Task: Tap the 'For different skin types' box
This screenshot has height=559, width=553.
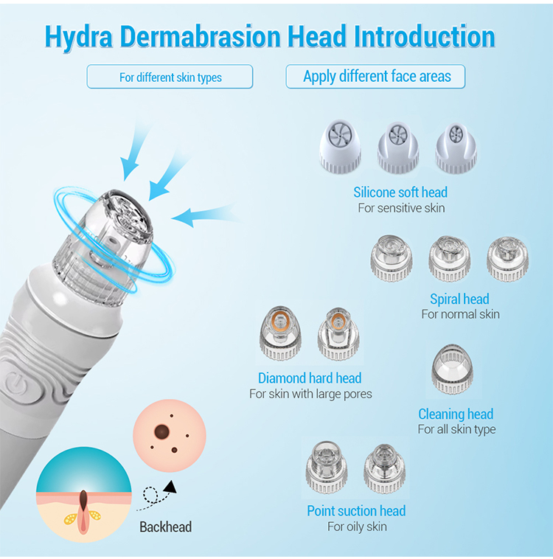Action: point(170,77)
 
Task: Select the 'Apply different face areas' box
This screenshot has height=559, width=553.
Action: point(377,77)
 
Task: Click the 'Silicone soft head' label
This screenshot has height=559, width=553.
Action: point(400,192)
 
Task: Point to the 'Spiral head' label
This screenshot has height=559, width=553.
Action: point(459,299)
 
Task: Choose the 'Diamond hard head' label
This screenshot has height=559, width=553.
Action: point(310,378)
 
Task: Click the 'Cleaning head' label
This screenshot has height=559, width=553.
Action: point(456,414)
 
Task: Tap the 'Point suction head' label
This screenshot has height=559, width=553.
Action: point(356,511)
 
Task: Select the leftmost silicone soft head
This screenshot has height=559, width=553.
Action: point(340,147)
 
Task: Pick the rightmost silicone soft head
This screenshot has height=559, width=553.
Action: point(456,147)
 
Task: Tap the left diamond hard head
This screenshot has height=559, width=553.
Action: point(279,335)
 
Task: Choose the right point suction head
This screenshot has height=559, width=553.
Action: point(384,468)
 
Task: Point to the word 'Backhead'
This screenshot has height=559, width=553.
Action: point(165,527)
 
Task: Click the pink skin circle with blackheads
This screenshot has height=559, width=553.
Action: point(166,440)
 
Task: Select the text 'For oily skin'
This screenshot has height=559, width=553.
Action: point(357,527)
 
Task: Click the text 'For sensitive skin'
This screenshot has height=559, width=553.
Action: point(401,208)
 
